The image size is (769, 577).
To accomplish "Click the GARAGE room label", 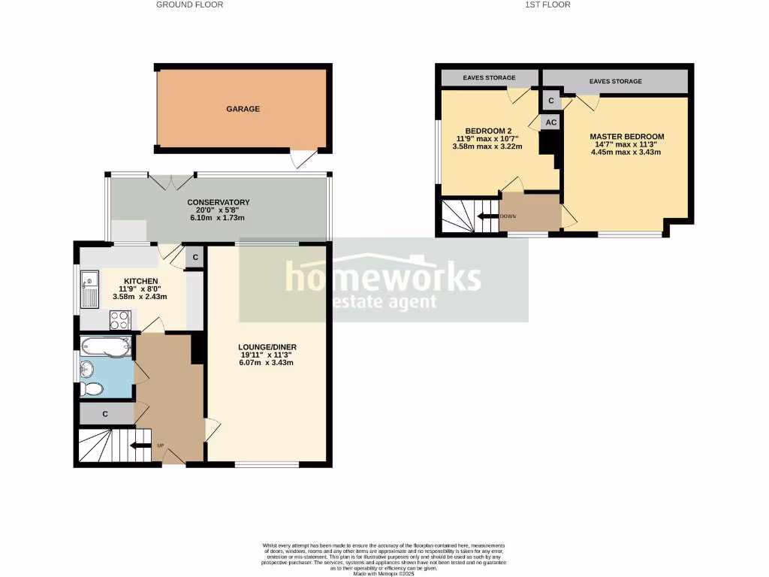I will (x=243, y=109).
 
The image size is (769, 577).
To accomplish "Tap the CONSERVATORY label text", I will (x=219, y=202).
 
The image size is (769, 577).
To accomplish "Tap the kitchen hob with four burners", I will (x=120, y=320).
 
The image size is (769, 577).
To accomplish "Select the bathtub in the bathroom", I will (x=106, y=347).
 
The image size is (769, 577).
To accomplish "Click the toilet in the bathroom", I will (x=92, y=389).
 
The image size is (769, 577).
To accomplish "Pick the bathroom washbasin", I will (x=87, y=369).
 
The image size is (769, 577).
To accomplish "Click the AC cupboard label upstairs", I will (x=550, y=122).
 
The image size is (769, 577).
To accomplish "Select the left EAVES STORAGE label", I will (x=489, y=78).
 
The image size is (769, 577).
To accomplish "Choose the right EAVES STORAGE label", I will (x=616, y=81).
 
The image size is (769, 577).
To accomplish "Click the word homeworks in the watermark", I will (x=383, y=278).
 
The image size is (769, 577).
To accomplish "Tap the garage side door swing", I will (x=302, y=159).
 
